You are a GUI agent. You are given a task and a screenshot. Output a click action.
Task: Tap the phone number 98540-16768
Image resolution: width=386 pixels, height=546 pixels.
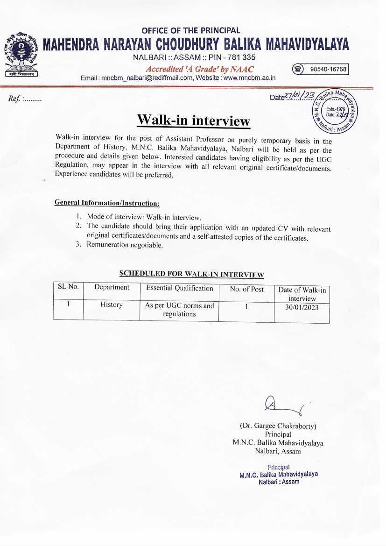(329, 69)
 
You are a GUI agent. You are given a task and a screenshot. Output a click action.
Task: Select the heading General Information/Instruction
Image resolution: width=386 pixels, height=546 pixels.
(107, 203)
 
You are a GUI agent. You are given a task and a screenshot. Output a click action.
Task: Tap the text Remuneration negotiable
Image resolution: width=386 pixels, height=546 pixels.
(125, 245)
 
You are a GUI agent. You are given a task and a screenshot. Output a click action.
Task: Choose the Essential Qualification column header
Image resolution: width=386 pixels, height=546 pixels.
(179, 288)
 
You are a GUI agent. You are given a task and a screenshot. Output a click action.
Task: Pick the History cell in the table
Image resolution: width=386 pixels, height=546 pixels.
(111, 305)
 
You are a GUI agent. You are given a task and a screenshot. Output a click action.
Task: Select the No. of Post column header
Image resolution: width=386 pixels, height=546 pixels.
(246, 289)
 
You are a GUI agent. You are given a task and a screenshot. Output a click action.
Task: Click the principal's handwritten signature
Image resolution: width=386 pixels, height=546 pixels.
(282, 406)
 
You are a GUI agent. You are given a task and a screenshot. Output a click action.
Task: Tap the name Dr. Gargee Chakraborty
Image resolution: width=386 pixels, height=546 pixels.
(278, 426)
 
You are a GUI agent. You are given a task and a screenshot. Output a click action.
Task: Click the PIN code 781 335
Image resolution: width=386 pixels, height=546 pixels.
(238, 58)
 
